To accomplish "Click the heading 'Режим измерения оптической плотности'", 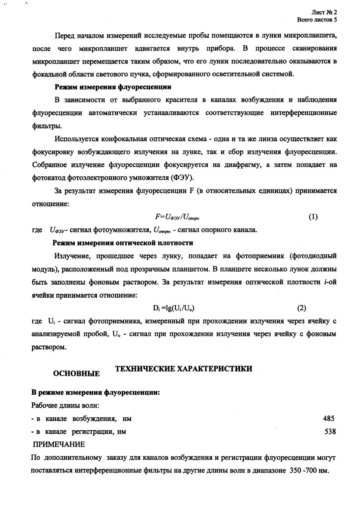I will pos(123,243).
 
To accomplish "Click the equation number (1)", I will pos(313,217).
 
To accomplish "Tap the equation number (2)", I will pos(302,308).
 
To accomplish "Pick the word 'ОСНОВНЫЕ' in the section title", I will pos(76,374).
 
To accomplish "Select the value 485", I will pos(329,419).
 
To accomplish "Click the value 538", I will pos(330,432).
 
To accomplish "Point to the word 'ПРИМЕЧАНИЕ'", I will pos(58,444).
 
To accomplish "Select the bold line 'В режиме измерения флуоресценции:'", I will pos(96,393).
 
